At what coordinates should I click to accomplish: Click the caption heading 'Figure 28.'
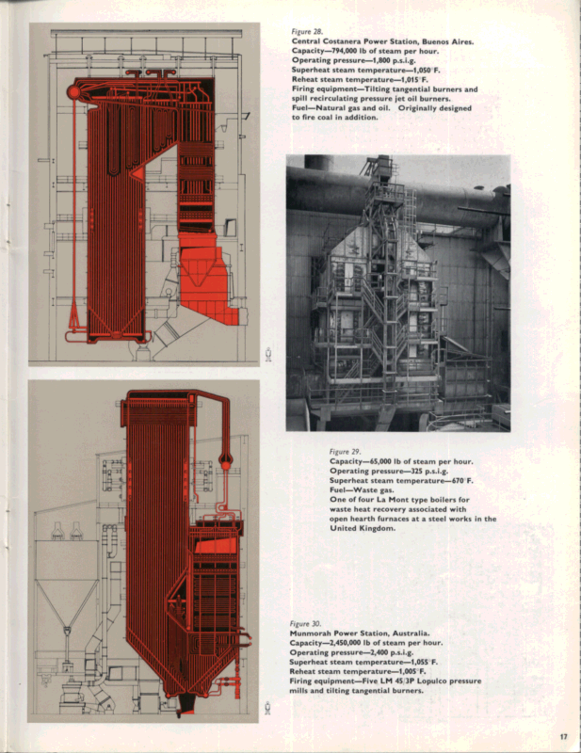coord(308,31)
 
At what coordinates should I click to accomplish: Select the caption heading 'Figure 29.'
coord(347,451)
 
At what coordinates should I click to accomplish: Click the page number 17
coord(562,736)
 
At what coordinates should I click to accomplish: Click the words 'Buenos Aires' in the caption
coord(447,41)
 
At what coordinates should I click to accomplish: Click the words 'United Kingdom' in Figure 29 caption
coord(363,529)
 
